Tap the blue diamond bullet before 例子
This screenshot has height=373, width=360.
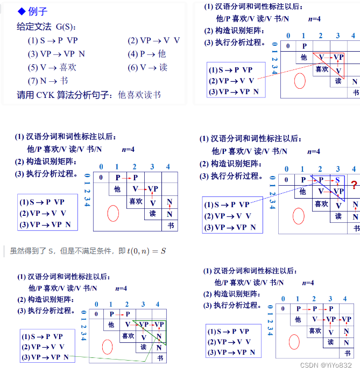[22, 11]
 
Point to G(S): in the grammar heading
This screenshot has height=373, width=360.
[66, 26]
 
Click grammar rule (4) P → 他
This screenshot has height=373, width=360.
[147, 54]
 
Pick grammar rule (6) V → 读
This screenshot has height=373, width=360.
[147, 68]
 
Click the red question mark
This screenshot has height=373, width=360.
[354, 186]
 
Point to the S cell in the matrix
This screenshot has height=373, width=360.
[337, 180]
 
